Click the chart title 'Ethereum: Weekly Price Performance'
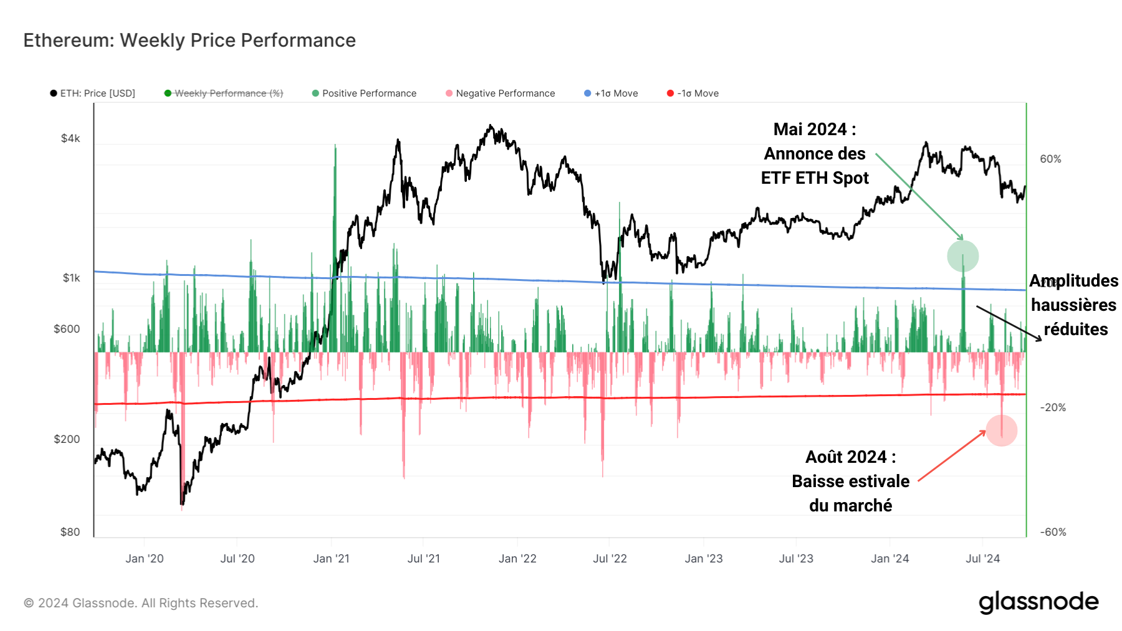[189, 40]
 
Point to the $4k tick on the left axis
[70, 138]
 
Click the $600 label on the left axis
[67, 329]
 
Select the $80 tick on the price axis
[70, 532]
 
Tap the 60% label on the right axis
[1050, 159]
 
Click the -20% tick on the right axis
[1053, 408]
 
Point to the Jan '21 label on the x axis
[331, 559]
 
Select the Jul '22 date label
[610, 559]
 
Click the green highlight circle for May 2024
[962, 256]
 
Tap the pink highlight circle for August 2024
[1001, 430]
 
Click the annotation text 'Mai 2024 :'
[814, 130]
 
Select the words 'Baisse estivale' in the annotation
[850, 482]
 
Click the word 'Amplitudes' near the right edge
[1073, 281]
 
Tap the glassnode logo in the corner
[1038, 602]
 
